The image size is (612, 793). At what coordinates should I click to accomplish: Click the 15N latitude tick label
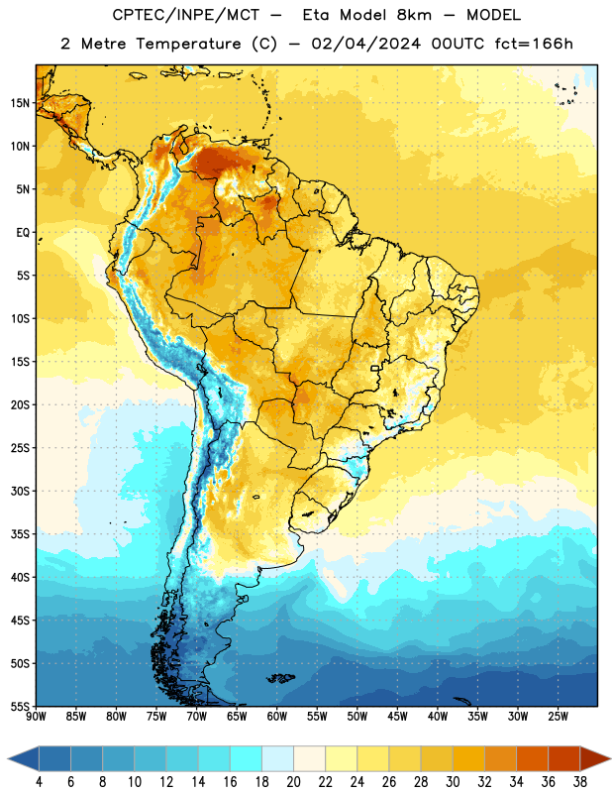pyautogui.click(x=20, y=103)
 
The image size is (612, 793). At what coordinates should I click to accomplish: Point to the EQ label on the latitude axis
pyautogui.click(x=23, y=233)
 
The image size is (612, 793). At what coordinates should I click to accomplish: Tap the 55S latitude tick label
pyautogui.click(x=20, y=706)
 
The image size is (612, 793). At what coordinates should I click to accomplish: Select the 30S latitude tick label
pyautogui.click(x=20, y=491)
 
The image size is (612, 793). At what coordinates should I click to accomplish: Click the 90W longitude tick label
pyautogui.click(x=37, y=717)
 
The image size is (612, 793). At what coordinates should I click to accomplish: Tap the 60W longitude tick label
pyautogui.click(x=277, y=717)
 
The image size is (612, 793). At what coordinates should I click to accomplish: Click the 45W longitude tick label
pyautogui.click(x=398, y=717)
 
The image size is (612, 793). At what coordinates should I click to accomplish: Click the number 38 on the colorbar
pyautogui.click(x=580, y=782)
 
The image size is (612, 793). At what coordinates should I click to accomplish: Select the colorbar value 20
pyautogui.click(x=293, y=782)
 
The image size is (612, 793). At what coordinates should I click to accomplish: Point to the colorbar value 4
pyautogui.click(x=39, y=782)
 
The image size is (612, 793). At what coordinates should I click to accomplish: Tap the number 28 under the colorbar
pyautogui.click(x=421, y=782)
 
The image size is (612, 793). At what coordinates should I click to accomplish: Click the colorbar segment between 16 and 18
pyautogui.click(x=247, y=758)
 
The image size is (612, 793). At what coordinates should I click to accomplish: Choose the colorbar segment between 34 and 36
pyautogui.click(x=532, y=758)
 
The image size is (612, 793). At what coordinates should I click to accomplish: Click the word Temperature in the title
pyautogui.click(x=188, y=44)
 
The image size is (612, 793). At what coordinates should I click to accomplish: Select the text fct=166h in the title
pyautogui.click(x=534, y=44)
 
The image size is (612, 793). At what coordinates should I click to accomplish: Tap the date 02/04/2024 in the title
pyautogui.click(x=365, y=44)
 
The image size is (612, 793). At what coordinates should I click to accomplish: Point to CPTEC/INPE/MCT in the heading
pyautogui.click(x=186, y=15)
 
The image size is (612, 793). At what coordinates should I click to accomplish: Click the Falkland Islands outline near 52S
pyautogui.click(x=281, y=678)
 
